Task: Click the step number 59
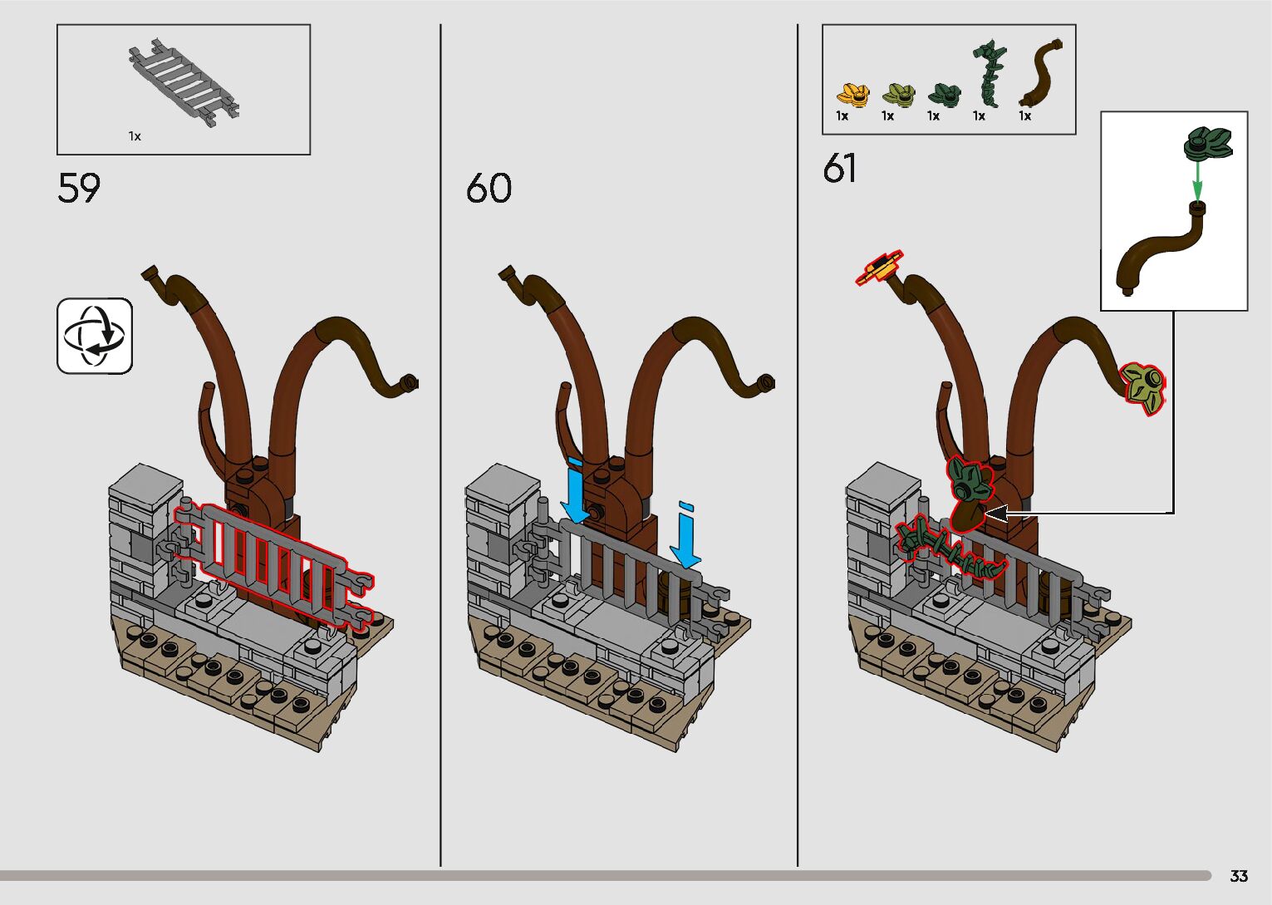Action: (x=79, y=189)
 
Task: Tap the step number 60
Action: (x=489, y=189)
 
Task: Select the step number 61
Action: (x=840, y=169)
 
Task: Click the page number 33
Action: (x=1238, y=876)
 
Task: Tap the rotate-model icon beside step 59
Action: (x=95, y=336)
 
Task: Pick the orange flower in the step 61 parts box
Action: (x=852, y=94)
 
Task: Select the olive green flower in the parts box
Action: (x=898, y=94)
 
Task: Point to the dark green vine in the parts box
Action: (x=989, y=73)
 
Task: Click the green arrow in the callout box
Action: (x=1196, y=179)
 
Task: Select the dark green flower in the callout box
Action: (x=1208, y=142)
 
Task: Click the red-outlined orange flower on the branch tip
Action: (x=880, y=267)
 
